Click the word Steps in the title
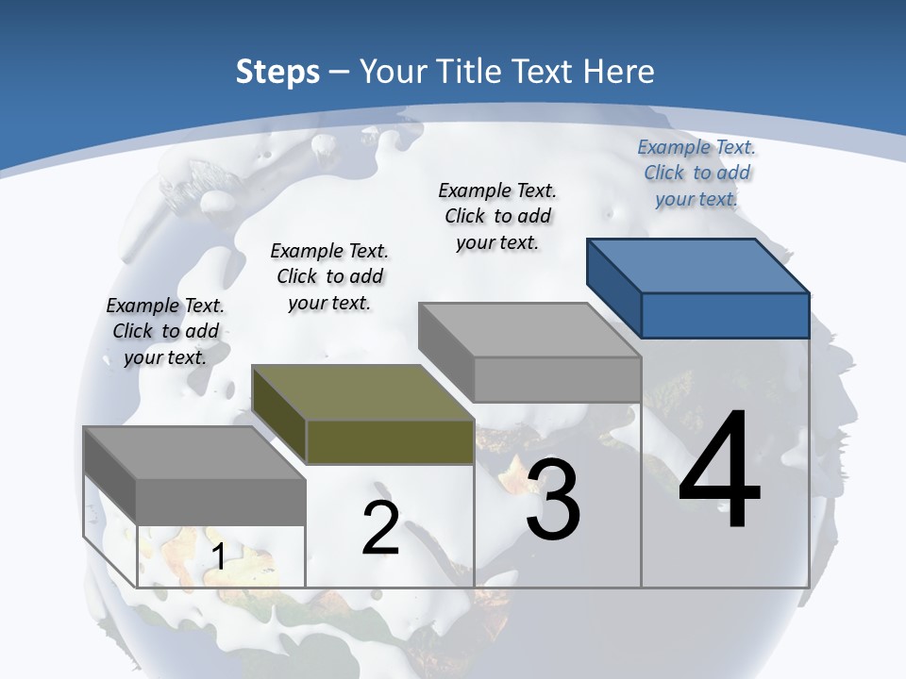[277, 72]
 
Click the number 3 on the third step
[552, 499]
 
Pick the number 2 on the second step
[380, 528]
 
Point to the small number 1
[218, 556]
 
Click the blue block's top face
[698, 266]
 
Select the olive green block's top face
[363, 392]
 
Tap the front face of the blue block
[725, 315]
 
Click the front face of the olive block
[390, 441]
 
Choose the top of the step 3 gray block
[529, 330]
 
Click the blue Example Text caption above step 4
[696, 173]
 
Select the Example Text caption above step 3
[497, 216]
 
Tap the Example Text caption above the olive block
[329, 276]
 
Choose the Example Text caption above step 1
[165, 331]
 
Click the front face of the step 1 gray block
[221, 501]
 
